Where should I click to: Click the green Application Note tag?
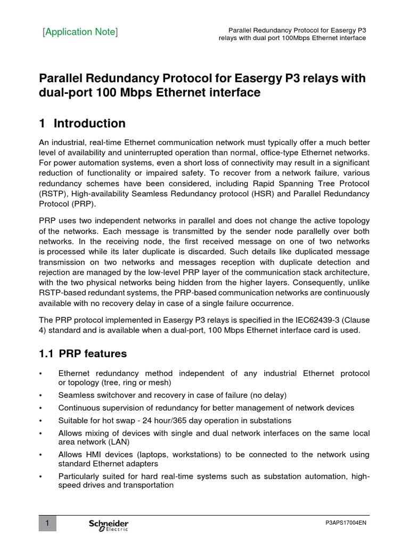[x=80, y=32]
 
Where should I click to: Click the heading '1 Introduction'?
[x=83, y=124]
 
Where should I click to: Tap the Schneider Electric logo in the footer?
[x=108, y=525]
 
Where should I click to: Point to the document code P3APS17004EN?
[x=346, y=524]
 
